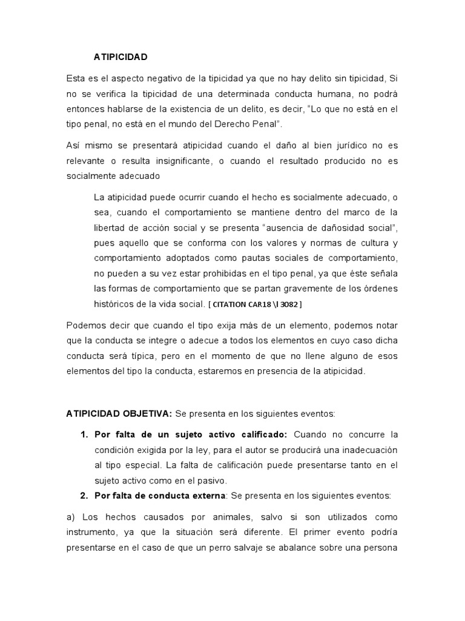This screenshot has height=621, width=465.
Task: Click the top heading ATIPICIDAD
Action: click(120, 57)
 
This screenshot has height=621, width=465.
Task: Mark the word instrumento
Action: click(90, 532)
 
